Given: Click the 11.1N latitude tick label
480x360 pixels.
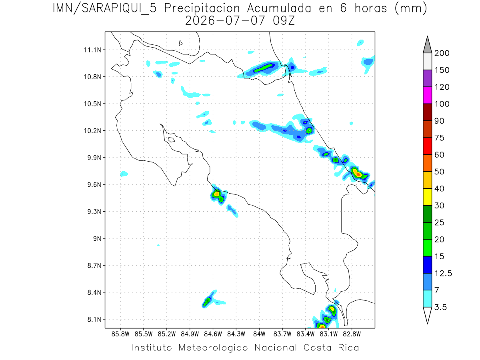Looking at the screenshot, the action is (x=92, y=50).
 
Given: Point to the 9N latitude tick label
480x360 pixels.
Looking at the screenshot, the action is (x=97, y=238).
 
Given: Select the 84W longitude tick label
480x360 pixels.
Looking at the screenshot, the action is (x=259, y=334).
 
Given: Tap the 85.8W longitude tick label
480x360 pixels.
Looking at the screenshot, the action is (x=120, y=334).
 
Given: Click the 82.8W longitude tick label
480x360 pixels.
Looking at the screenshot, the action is (x=352, y=334).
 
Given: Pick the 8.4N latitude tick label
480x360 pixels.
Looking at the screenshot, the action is (x=94, y=292).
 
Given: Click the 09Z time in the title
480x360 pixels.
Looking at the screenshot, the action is (x=284, y=21).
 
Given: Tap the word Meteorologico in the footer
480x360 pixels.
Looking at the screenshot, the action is (x=213, y=348).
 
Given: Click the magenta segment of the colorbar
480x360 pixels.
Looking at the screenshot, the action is (x=428, y=95).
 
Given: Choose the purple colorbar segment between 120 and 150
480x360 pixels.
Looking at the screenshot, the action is (x=428, y=78).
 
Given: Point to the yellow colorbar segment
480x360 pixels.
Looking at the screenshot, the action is (x=428, y=197).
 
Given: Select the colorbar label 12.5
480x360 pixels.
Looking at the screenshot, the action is (x=443, y=274).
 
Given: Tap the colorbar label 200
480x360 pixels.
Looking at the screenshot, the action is (x=442, y=53).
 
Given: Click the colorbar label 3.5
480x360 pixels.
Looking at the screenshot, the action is (x=440, y=307).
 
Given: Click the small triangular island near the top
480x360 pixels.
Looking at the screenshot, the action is (x=180, y=43).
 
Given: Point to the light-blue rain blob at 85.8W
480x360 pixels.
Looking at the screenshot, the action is (x=124, y=174).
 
